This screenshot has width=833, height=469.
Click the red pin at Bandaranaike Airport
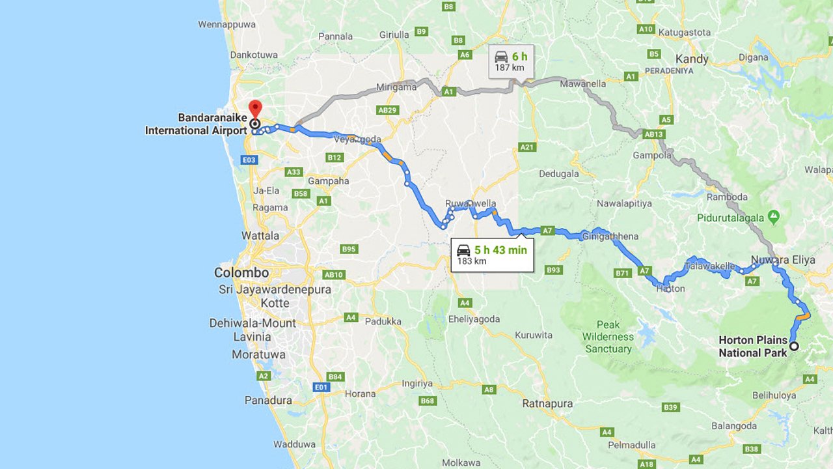[x=254, y=108]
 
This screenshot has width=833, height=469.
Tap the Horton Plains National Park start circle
[x=794, y=346]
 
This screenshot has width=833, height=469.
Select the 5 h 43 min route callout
[x=493, y=255]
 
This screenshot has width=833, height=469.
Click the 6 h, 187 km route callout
[x=512, y=61]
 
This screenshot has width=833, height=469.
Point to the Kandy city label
[x=692, y=59]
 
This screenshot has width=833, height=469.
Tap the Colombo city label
[x=241, y=273]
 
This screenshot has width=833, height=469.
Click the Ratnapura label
[x=547, y=404]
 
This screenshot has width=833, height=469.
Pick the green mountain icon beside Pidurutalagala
[x=773, y=216]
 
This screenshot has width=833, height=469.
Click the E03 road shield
[x=249, y=160]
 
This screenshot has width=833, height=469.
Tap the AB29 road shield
[x=387, y=110]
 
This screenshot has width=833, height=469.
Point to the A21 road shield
[x=527, y=147]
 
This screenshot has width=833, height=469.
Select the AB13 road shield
[x=653, y=134]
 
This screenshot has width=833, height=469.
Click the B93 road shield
[x=553, y=270]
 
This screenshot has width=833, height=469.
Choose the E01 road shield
[x=321, y=387]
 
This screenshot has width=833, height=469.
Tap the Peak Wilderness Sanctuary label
[x=608, y=337]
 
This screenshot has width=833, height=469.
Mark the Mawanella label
[x=583, y=84]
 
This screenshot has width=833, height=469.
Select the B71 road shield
[x=623, y=274]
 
